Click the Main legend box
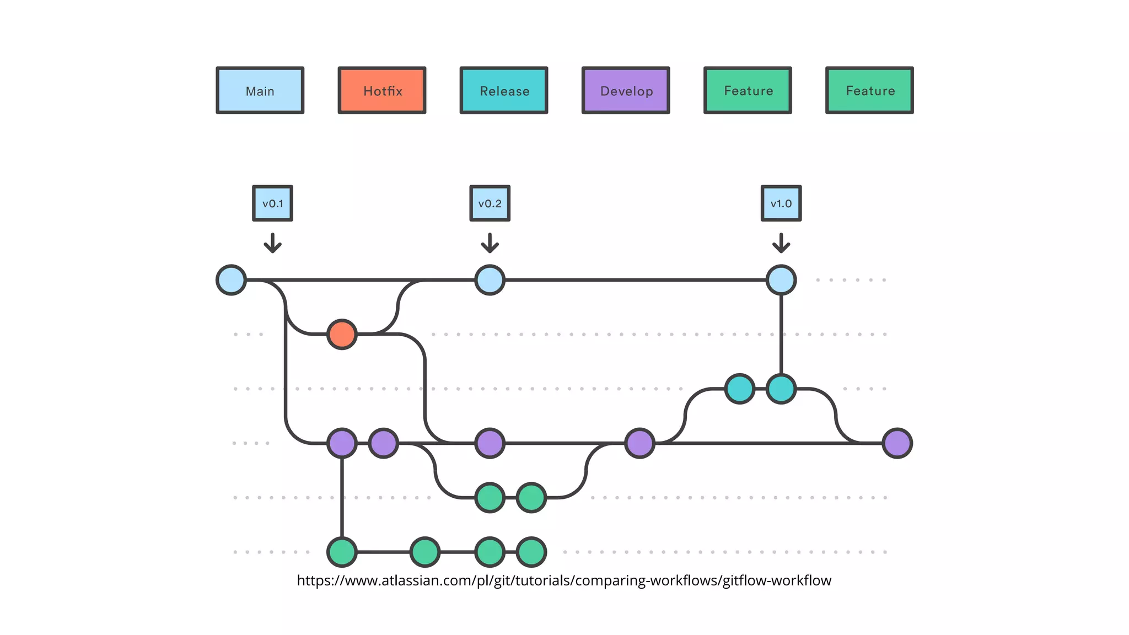click(260, 90)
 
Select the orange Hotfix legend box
click(382, 90)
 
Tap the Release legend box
click(504, 90)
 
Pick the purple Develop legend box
click(626, 90)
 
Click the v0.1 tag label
click(272, 203)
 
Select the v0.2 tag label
click(490, 203)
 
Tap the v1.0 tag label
click(781, 203)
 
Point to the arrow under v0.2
click(490, 243)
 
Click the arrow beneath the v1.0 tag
click(781, 243)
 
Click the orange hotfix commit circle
click(342, 334)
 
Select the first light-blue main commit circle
click(231, 280)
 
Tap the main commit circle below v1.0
click(781, 280)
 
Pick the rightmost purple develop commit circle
click(897, 443)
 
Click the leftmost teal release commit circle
click(739, 389)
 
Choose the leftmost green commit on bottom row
click(342, 552)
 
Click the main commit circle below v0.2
click(490, 280)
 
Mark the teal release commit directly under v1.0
click(781, 389)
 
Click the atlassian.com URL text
click(563, 580)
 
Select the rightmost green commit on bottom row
click(531, 552)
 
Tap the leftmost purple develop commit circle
click(342, 443)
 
